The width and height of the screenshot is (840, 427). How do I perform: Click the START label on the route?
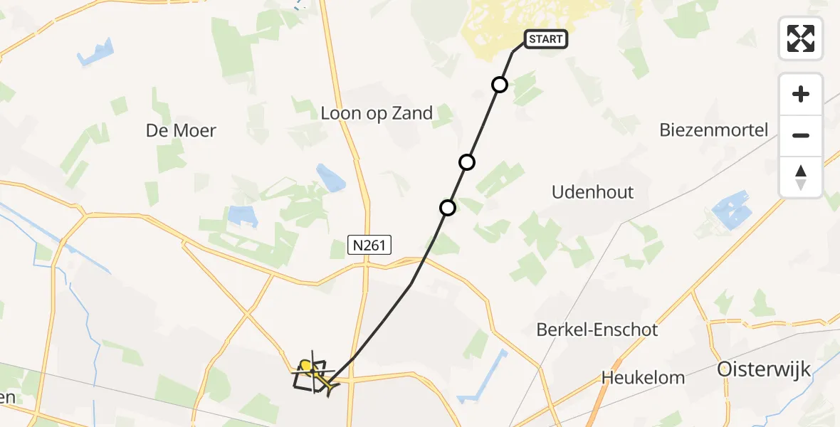click(x=546, y=39)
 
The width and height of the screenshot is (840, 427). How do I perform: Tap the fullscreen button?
click(x=801, y=38)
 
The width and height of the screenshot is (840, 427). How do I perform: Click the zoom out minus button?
click(x=801, y=135)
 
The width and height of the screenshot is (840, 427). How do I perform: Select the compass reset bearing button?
click(x=801, y=177)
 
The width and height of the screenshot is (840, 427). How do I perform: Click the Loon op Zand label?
click(x=377, y=113)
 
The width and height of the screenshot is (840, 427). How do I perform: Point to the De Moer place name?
click(x=181, y=130)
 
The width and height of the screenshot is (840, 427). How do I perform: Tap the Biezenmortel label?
click(x=714, y=130)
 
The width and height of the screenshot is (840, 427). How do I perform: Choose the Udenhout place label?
click(x=593, y=192)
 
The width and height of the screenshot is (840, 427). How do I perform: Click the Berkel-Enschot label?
click(x=597, y=330)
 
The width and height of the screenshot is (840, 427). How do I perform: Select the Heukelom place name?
click(x=643, y=377)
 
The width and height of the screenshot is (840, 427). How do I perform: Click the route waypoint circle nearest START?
click(x=500, y=85)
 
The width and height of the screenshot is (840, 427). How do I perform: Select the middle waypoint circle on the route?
click(x=467, y=162)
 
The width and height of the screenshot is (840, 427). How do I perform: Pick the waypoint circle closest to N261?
click(x=448, y=208)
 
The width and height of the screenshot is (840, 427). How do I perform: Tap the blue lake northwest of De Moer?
click(x=97, y=53)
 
